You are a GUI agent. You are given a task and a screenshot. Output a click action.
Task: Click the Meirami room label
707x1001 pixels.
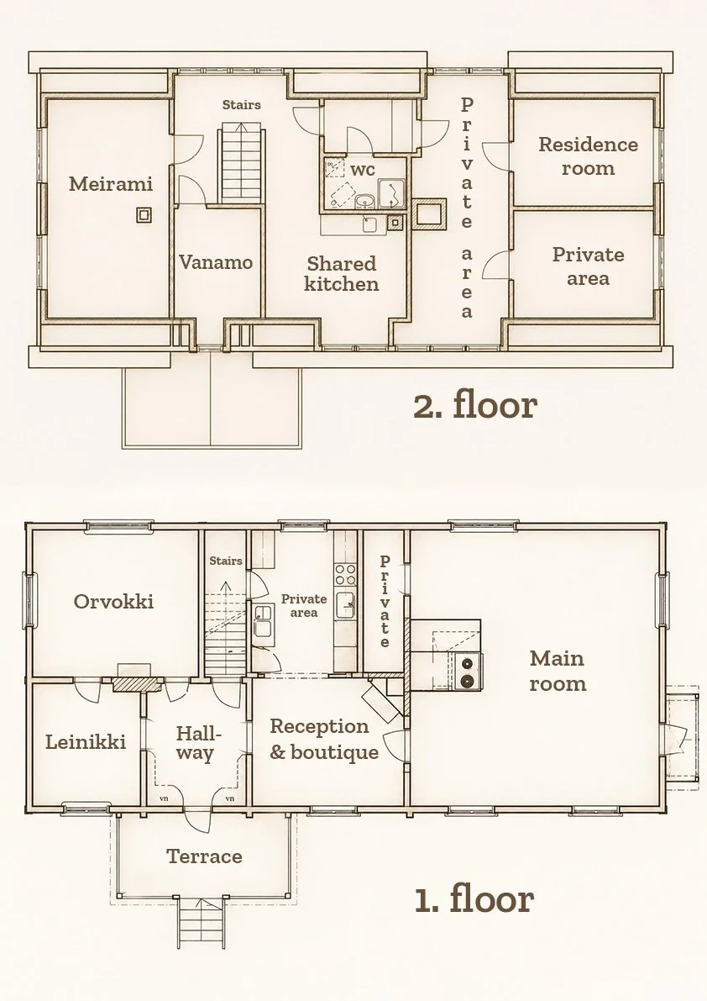(x=111, y=184)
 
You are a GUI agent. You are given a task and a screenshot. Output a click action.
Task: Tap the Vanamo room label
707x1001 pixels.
(x=216, y=262)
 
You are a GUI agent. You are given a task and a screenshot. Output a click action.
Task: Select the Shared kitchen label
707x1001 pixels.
(x=341, y=273)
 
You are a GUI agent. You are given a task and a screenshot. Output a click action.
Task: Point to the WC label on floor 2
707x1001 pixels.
(x=362, y=170)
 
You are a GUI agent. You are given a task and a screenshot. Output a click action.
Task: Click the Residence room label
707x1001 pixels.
(x=588, y=156)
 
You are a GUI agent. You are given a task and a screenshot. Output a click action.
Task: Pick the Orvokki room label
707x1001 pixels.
(x=113, y=602)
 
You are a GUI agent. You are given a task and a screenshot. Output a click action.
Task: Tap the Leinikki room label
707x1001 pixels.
(x=86, y=742)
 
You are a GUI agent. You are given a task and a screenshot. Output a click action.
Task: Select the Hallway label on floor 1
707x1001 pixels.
(x=195, y=743)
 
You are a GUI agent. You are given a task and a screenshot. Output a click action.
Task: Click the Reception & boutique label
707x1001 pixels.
(x=324, y=740)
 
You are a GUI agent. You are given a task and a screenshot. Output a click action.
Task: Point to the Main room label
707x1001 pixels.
(x=558, y=671)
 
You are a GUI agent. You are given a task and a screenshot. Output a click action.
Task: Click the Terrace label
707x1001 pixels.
(x=204, y=856)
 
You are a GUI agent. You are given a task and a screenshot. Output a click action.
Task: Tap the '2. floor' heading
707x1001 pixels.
(x=475, y=405)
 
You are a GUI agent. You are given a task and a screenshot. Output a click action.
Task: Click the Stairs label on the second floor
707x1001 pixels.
(x=242, y=105)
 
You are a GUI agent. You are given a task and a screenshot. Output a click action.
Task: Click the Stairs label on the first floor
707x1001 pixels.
(x=227, y=561)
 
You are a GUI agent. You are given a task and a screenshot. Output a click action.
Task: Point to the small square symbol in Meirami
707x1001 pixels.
(x=144, y=214)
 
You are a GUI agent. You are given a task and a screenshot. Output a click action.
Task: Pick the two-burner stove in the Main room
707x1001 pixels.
(x=469, y=672)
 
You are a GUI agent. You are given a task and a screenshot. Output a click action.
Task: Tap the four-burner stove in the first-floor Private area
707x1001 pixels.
(x=345, y=575)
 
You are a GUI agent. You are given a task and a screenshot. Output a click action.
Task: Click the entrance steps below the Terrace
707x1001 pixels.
(x=201, y=922)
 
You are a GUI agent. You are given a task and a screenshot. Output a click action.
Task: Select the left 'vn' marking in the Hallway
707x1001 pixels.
(x=164, y=798)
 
